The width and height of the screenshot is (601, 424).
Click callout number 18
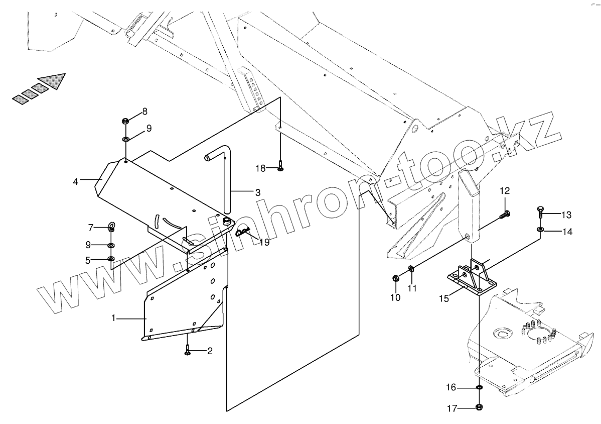pyautogui.click(x=260, y=168)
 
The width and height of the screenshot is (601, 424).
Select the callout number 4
pyautogui.click(x=75, y=181)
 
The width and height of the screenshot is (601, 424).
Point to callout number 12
pyautogui.click(x=504, y=191)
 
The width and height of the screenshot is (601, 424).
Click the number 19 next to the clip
pyautogui.click(x=264, y=242)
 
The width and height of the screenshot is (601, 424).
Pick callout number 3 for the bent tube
pyautogui.click(x=257, y=192)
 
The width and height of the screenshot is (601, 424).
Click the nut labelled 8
pyautogui.click(x=125, y=121)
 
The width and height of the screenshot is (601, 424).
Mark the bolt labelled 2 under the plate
pyautogui.click(x=187, y=350)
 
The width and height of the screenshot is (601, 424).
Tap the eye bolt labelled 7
pyautogui.click(x=111, y=227)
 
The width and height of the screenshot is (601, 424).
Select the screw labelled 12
pyautogui.click(x=504, y=215)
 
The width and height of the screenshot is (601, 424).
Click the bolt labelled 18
pyautogui.click(x=280, y=167)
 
